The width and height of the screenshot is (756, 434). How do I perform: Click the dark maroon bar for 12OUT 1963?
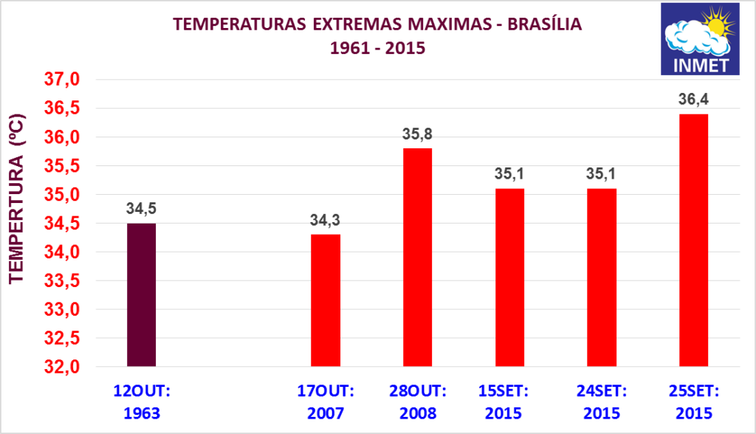(x=141, y=294)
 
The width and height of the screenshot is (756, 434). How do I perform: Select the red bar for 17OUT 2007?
(x=326, y=300)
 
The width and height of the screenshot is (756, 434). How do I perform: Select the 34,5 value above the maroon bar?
(x=141, y=209)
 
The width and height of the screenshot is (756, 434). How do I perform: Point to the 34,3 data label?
(x=326, y=220)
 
